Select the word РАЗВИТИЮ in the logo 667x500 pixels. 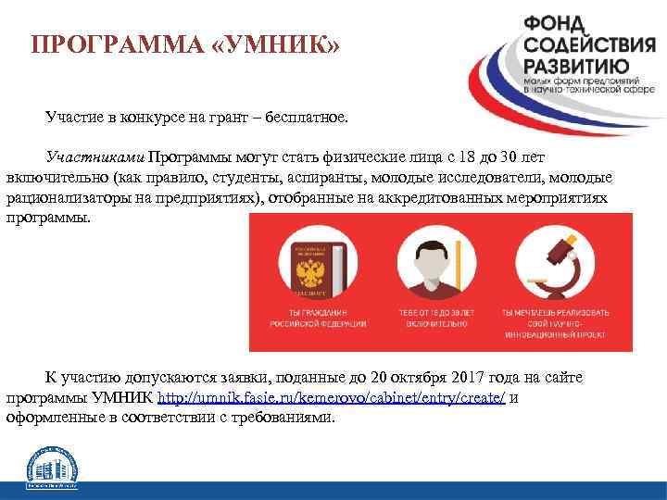coord(576,67)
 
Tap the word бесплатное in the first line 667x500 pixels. coord(306,118)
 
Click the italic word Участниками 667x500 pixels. coord(95,157)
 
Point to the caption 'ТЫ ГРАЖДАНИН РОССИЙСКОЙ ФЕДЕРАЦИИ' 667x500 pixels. coord(317,319)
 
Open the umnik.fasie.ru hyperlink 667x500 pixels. coord(332,397)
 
